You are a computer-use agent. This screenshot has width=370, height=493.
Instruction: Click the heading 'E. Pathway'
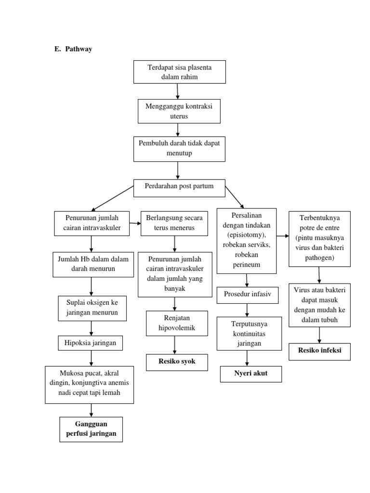coord(73,49)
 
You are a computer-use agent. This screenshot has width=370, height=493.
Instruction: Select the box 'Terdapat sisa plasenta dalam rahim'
coord(179,72)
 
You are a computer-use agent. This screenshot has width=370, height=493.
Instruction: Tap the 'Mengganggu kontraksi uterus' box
coord(179,111)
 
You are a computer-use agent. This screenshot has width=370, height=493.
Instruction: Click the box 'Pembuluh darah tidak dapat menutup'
coord(179,148)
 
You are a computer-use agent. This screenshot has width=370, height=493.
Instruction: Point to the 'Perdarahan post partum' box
coord(179,187)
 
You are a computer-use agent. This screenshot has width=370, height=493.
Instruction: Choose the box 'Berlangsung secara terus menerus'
coord(172,223)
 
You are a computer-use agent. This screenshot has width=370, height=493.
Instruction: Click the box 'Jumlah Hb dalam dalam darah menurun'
coord(91,264)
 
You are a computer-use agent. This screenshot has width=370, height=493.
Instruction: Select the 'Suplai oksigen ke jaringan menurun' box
coord(91,308)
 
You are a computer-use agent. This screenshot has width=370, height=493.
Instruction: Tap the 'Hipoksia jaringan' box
coord(91,343)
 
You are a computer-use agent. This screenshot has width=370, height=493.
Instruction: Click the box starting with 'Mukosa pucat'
coord(89,384)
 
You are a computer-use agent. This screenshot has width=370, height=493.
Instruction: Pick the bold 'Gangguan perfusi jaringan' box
coord(91,429)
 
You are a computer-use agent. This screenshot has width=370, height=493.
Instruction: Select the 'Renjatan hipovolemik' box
coord(177,323)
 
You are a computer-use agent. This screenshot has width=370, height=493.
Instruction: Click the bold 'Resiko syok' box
coord(177,362)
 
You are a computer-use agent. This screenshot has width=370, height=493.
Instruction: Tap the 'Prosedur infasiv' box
coord(248,295)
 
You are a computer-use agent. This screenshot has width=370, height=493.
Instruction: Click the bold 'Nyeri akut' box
coord(251,374)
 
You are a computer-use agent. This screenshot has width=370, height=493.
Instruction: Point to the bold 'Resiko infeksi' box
coord(319,351)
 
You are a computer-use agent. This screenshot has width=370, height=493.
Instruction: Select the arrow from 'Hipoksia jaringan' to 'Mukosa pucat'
coord(91,358)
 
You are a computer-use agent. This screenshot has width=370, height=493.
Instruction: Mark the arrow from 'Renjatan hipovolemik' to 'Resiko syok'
coord(174,345)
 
